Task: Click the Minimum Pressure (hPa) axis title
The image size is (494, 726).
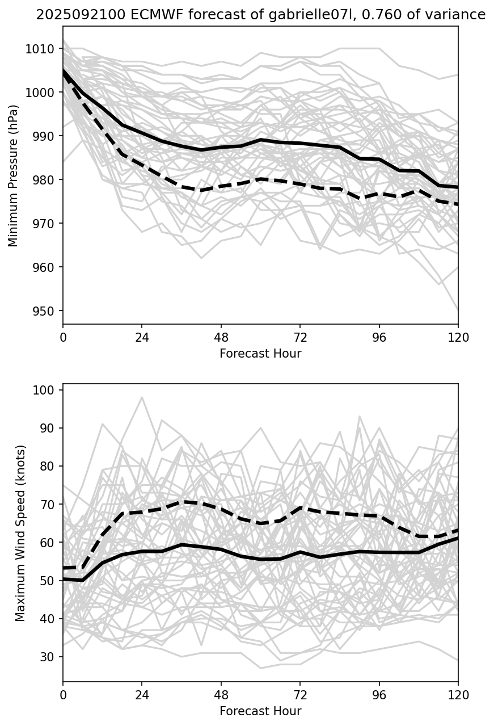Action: [x=14, y=175]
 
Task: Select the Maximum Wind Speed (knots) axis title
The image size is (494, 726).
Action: [x=20, y=532]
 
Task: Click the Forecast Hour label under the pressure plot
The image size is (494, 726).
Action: [x=260, y=354]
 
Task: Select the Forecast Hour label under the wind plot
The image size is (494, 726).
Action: [x=260, y=711]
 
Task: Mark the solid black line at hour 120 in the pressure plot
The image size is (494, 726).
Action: [x=457, y=187]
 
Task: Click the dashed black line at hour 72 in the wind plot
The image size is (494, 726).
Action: [x=300, y=507]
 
